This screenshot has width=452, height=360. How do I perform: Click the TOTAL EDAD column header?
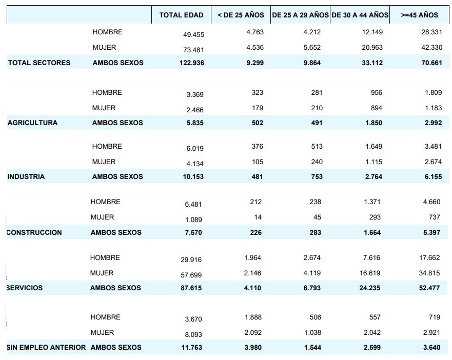coord(181,15)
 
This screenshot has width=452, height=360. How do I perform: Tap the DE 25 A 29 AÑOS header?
coord(300,15)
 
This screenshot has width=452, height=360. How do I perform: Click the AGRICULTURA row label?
coord(32,123)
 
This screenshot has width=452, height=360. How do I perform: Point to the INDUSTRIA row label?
coord(26,177)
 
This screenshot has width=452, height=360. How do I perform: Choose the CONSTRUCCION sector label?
coord(34,233)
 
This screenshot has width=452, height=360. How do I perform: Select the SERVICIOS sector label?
coord(25,288)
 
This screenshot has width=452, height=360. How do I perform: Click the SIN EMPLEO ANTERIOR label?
coord(46,348)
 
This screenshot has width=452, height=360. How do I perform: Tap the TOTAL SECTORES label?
coord(39,63)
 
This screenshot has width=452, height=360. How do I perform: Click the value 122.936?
coord(190,63)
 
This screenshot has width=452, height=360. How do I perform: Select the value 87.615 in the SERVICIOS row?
coord(191,288)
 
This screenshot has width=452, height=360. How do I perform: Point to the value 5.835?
coord(193,123)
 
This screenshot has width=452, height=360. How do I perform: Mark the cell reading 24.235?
coord(369,288)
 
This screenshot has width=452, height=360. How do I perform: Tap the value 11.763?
coord(191,348)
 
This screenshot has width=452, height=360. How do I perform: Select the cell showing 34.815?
coord(430,273)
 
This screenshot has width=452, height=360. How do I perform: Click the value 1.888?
coord(253,317)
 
